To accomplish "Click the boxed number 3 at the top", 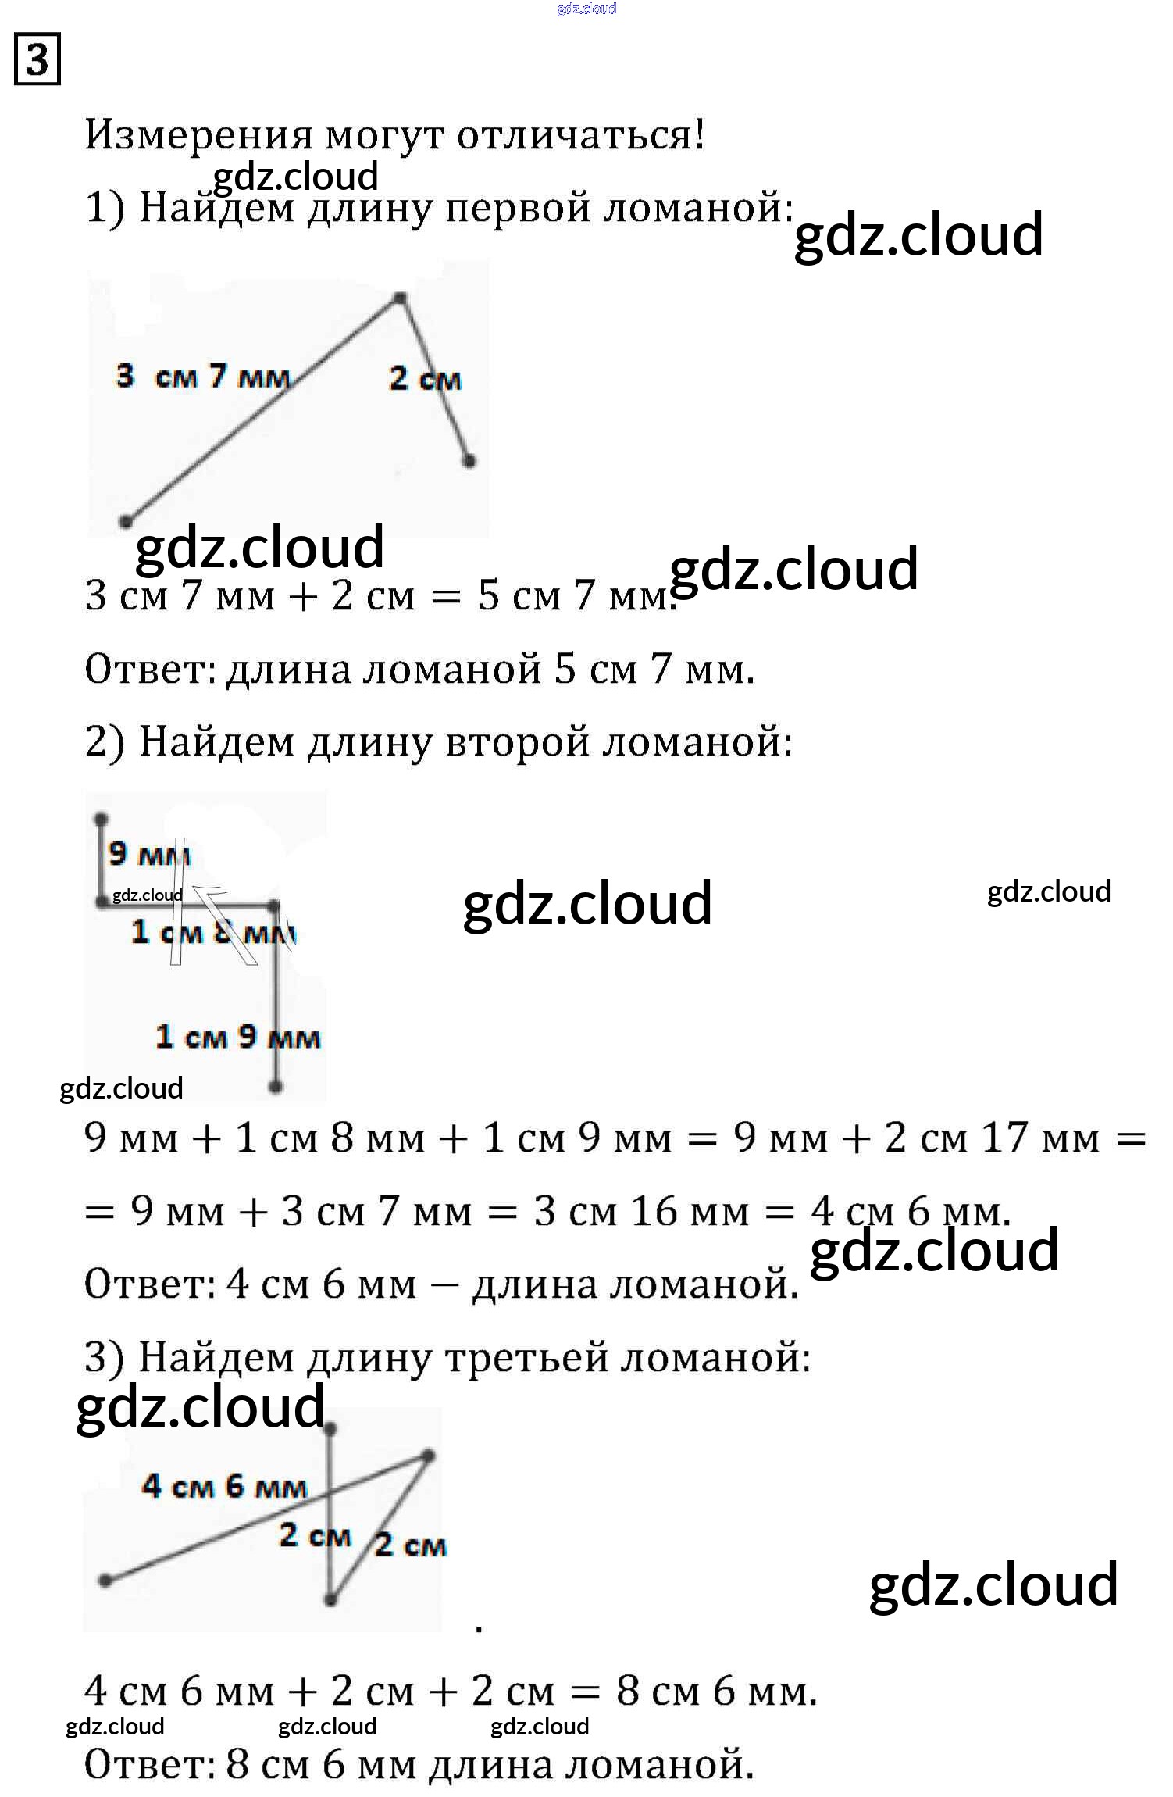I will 37,59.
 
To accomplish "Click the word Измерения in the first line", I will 198,135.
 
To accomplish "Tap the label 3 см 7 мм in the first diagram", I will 203,377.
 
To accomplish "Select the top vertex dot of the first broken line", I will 399,298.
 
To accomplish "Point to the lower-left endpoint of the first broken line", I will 126,521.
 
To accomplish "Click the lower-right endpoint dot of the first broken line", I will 469,461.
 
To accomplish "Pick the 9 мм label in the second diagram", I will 148,854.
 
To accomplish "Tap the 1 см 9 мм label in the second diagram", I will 237,1037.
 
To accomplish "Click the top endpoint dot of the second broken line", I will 101,820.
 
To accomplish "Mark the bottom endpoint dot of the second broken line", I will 275,1086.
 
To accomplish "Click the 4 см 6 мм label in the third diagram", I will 224,1485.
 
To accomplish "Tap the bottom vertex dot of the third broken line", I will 330,1599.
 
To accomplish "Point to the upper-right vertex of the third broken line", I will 428,1456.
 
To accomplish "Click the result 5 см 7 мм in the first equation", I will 574,595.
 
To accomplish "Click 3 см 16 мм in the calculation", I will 640,1212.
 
